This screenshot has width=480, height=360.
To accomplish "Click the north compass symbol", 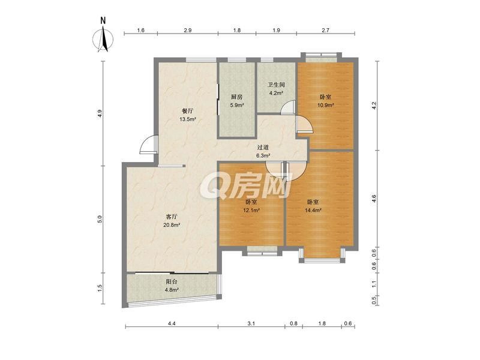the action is click(103, 39).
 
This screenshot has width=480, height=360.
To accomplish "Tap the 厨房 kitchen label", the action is click(236, 97).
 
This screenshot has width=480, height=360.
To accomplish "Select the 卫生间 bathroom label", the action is click(276, 85).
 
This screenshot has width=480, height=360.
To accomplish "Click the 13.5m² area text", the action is click(188, 119).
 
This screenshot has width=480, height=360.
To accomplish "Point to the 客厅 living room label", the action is click(172, 217).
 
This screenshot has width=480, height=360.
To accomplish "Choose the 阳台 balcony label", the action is click(172, 281).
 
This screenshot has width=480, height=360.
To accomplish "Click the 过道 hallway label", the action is click(262, 148).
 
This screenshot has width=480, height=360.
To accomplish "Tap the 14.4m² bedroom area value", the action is click(313, 211).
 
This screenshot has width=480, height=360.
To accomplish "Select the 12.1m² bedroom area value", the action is click(251, 211).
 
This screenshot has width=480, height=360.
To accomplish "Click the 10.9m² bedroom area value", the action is click(325, 105).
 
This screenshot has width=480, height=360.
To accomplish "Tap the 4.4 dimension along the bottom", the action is click(172, 323).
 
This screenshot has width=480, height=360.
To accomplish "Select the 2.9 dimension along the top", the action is click(188, 30).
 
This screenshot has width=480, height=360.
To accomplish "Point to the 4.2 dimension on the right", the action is click(374, 106).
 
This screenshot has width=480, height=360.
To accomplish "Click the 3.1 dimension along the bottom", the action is click(251, 323).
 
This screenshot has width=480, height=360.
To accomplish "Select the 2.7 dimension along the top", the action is click(325, 30).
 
